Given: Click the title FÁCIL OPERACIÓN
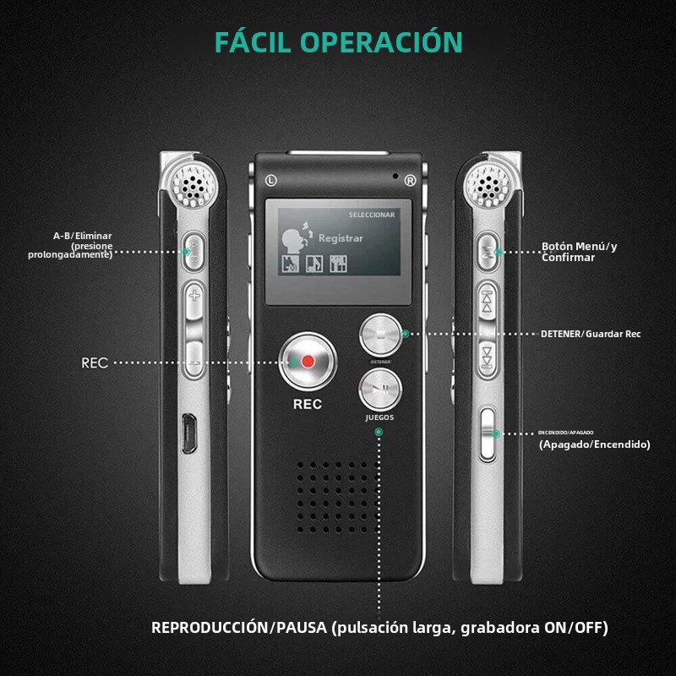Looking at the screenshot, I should (x=338, y=42).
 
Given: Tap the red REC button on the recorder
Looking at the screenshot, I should (x=308, y=361).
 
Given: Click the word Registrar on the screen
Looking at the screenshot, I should (x=341, y=238).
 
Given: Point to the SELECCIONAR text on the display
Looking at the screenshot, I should (x=372, y=215).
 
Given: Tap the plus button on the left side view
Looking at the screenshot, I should (x=195, y=296).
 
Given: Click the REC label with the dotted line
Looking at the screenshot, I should (x=95, y=363).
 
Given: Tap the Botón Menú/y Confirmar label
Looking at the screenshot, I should (x=580, y=252).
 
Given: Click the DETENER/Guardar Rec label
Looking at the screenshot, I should (x=591, y=334).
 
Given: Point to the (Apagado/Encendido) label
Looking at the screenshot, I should (x=594, y=444).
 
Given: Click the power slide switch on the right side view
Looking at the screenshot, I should (x=486, y=433).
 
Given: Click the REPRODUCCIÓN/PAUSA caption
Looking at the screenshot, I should (x=379, y=628).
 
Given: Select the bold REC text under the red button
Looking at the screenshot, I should (x=308, y=404).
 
